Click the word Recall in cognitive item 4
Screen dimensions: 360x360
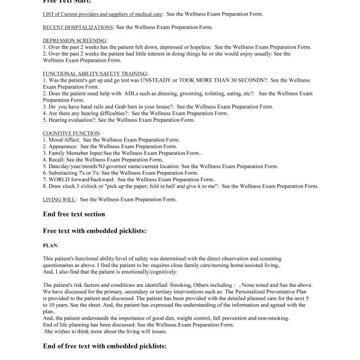(x=58, y=160)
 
